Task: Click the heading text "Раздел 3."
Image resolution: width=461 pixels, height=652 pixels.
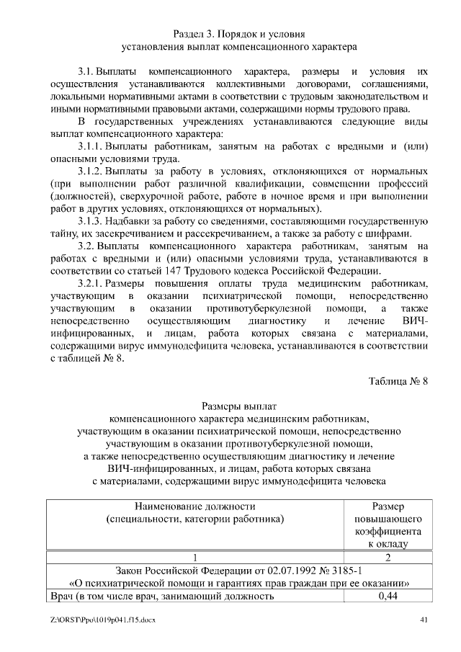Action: coord(196,34)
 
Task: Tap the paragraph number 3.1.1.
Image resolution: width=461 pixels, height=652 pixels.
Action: coord(91,147)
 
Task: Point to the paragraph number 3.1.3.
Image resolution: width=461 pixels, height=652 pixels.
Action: coord(91,221)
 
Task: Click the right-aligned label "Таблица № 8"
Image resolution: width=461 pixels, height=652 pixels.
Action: coord(398,381)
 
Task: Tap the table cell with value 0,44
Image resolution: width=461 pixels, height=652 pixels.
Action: coord(388,596)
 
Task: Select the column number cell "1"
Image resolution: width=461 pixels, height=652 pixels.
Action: coord(194,556)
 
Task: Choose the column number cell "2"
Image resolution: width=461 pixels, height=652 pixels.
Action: coord(388,556)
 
